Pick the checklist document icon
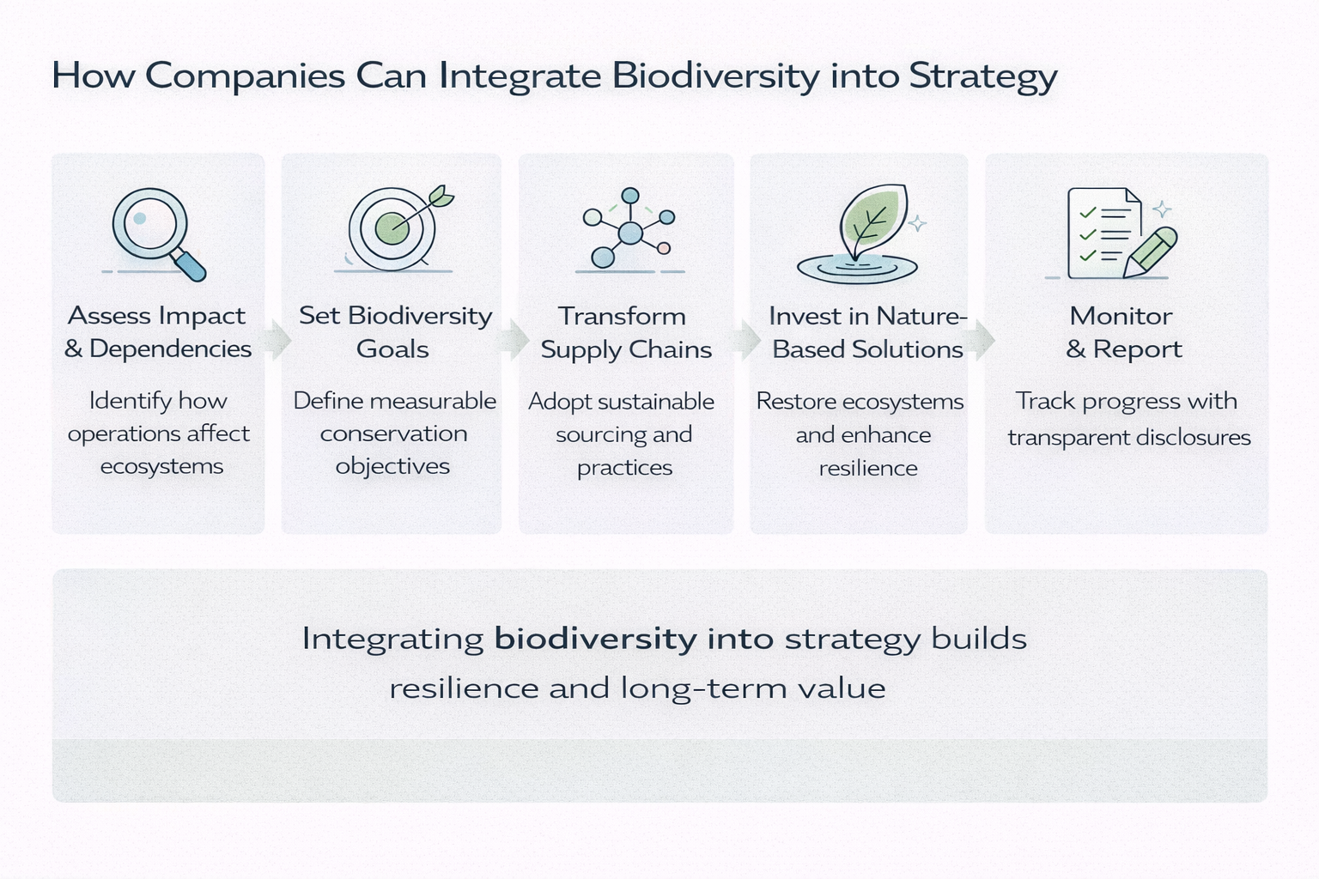(x=1103, y=233)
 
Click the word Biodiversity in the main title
(x=716, y=76)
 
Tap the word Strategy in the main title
(x=982, y=76)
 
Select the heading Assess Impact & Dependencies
(x=158, y=332)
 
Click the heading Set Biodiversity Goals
(x=394, y=332)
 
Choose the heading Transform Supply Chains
(x=625, y=332)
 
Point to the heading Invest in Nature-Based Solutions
(x=867, y=332)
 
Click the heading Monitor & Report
(x=1122, y=332)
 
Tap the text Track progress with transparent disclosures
(x=1128, y=419)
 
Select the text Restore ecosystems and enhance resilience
(x=861, y=434)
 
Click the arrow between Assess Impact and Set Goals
(x=277, y=339)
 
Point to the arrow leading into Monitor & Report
(x=981, y=340)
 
